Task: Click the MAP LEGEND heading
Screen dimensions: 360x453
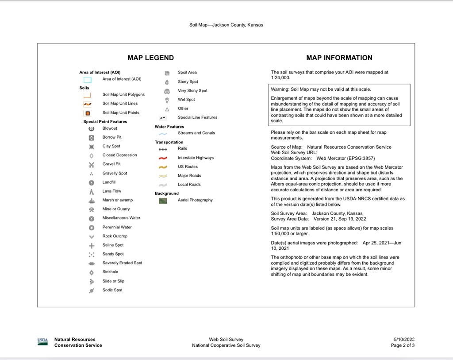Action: point(150,58)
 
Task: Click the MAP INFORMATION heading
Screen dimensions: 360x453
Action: point(339,58)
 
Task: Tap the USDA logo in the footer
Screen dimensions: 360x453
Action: point(42,341)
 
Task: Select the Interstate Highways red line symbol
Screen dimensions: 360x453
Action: point(163,158)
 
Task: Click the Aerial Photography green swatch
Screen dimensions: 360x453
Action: point(163,200)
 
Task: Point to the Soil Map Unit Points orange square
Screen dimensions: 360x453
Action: point(88,113)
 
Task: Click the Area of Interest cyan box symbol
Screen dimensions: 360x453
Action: point(88,80)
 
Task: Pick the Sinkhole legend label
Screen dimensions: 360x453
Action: point(110,272)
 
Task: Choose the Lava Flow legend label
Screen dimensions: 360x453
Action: point(111,191)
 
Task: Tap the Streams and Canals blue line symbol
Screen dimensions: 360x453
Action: point(163,133)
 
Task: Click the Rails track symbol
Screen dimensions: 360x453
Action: point(163,149)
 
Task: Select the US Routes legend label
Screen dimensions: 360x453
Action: point(188,167)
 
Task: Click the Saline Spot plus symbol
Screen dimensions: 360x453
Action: point(92,245)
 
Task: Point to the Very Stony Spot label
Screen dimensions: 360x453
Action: point(192,91)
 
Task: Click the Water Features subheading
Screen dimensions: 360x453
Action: point(169,127)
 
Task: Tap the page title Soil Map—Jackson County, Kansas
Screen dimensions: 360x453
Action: point(226,25)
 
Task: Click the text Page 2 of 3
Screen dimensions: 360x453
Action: point(403,345)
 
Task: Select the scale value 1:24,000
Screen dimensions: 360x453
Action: point(280,77)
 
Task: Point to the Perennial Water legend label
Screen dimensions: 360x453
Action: point(117,227)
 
